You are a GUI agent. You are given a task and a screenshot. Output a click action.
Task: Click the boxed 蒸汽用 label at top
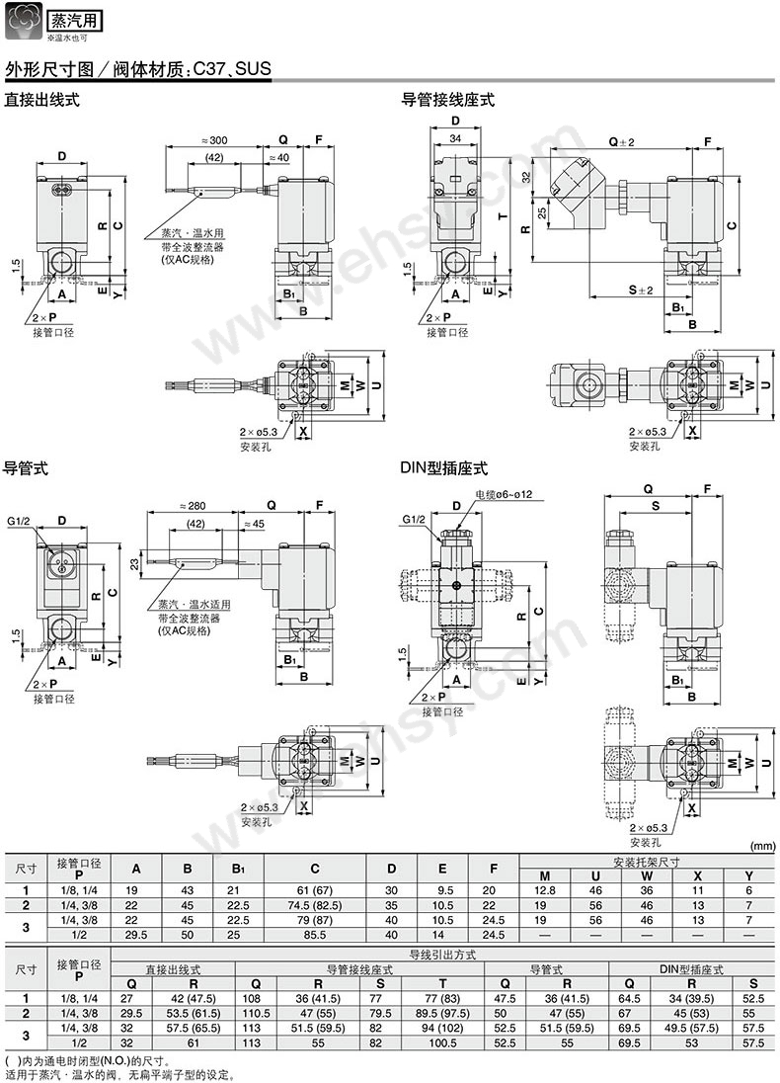pyautogui.click(x=75, y=20)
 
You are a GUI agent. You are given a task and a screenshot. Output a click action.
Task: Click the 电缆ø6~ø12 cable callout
pyautogui.click(x=510, y=493)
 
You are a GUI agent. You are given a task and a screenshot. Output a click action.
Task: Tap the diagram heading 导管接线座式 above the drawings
pyautogui.click(x=447, y=100)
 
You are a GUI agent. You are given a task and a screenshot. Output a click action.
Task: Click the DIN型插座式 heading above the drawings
pyautogui.click(x=443, y=468)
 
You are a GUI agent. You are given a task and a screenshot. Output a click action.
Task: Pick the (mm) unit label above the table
pyautogui.click(x=762, y=846)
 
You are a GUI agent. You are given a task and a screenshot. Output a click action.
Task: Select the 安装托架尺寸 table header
pyautogui.click(x=646, y=862)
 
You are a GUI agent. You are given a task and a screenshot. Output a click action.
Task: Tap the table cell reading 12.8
pyautogui.click(x=544, y=889)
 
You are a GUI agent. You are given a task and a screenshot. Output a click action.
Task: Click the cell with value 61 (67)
pyautogui.click(x=314, y=889)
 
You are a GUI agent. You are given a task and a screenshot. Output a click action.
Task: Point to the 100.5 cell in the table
pyautogui.click(x=432, y=1041)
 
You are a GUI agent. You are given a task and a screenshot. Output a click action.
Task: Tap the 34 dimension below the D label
pyautogui.click(x=455, y=137)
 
